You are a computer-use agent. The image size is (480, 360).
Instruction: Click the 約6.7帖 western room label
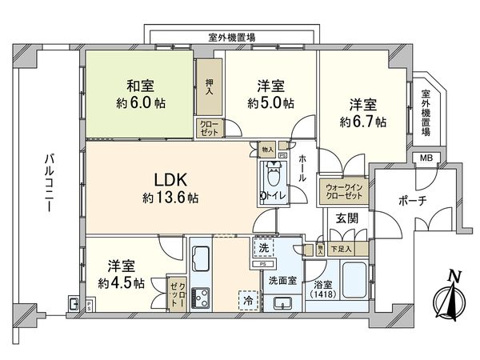(362, 114)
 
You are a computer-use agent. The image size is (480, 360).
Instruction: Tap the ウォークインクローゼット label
(343, 191)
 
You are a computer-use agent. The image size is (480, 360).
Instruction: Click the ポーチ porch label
(409, 200)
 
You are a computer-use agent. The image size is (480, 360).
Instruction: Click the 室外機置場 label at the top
(231, 36)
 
